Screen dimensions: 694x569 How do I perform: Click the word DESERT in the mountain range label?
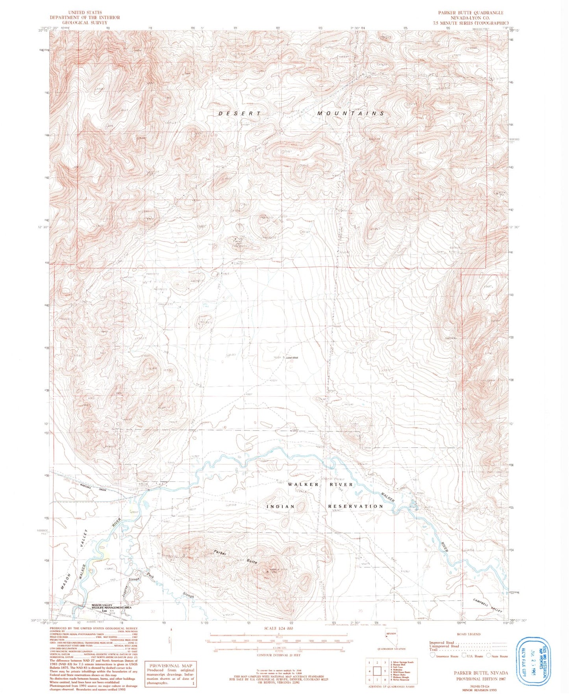(x=239, y=113)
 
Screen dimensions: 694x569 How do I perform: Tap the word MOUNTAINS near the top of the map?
(x=350, y=113)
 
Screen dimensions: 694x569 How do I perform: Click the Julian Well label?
(x=292, y=358)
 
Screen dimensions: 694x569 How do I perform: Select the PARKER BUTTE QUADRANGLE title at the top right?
(x=471, y=13)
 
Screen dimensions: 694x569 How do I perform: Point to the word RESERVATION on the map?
(x=355, y=506)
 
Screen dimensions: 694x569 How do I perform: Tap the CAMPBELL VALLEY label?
(x=488, y=605)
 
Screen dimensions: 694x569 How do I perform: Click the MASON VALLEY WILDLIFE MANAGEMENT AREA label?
(x=111, y=607)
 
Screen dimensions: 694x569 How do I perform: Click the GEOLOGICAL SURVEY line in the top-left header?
(x=85, y=22)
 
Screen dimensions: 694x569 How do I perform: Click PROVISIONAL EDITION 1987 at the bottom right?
(x=482, y=679)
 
